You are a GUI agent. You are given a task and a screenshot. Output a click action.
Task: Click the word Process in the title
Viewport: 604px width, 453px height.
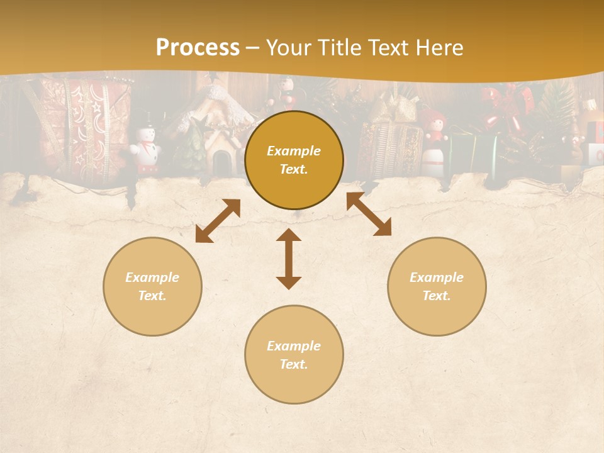[198, 48]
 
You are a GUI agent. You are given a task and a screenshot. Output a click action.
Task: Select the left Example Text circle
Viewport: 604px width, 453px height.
[152, 286]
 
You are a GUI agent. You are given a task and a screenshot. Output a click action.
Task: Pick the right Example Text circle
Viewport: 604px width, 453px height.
[437, 286]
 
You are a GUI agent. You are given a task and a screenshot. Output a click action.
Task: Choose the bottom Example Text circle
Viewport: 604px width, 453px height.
[294, 355]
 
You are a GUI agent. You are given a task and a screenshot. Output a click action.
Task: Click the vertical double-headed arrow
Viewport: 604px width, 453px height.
[289, 259]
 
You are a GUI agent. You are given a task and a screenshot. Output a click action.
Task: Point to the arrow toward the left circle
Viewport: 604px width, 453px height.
[218, 221]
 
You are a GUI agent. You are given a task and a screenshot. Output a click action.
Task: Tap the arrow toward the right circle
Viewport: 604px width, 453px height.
[369, 214]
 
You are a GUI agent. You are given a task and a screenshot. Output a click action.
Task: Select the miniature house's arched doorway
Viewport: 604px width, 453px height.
[220, 162]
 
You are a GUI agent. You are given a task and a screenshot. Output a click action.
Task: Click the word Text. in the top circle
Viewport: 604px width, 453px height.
[294, 169]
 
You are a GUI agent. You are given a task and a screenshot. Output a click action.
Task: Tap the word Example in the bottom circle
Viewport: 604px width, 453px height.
[294, 345]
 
